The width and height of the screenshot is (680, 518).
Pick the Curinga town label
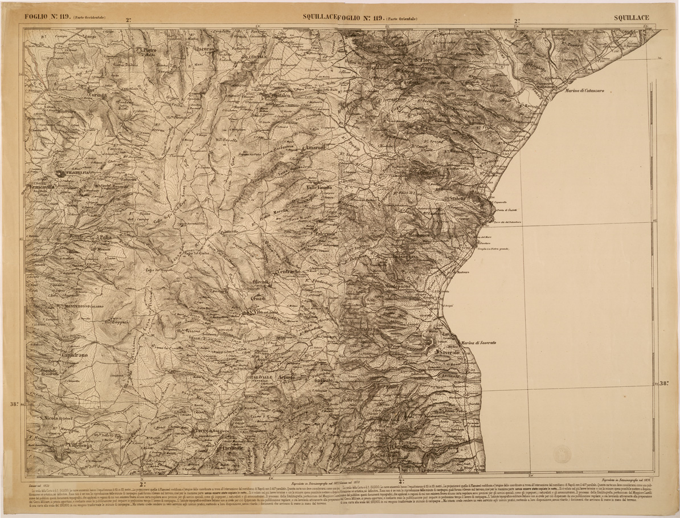click(99, 96)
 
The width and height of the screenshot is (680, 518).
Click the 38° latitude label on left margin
click(16, 405)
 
